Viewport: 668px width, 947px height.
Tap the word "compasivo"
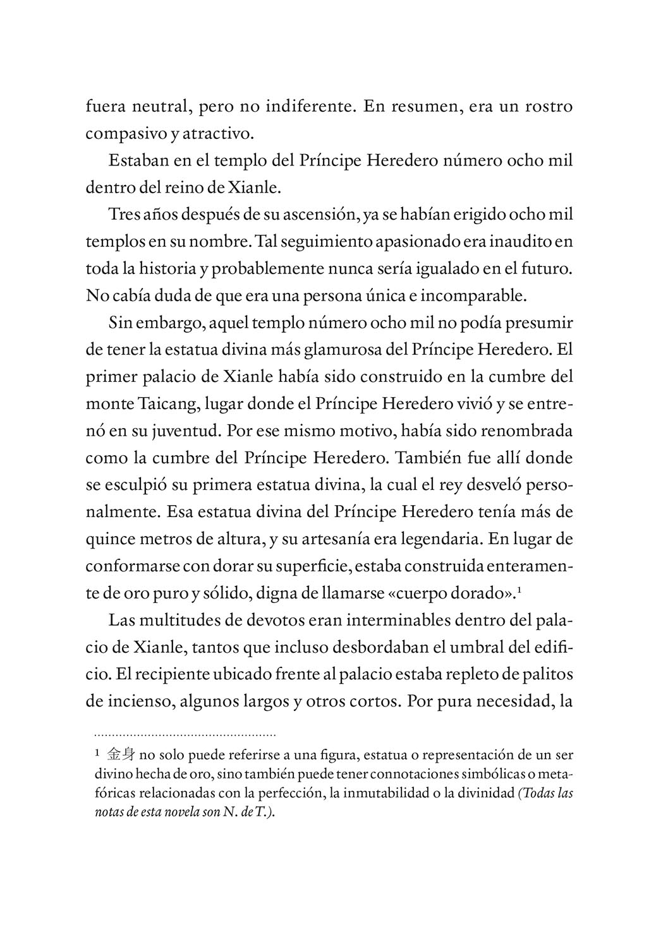[117, 134]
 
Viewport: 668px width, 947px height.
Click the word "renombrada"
[527, 432]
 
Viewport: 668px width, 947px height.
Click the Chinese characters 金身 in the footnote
[121, 754]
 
